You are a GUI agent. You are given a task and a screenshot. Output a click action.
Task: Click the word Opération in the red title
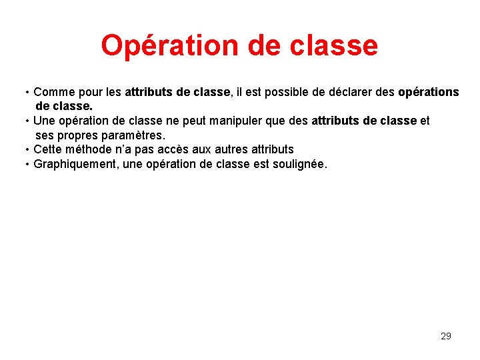[159, 45]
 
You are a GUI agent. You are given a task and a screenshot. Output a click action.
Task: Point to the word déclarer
[353, 92]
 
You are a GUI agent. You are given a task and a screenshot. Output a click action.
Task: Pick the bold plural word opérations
[428, 92]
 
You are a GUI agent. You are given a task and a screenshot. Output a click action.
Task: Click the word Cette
[48, 149]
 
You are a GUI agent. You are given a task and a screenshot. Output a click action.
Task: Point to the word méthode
[91, 149]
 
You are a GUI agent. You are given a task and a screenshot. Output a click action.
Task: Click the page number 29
[446, 336]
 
